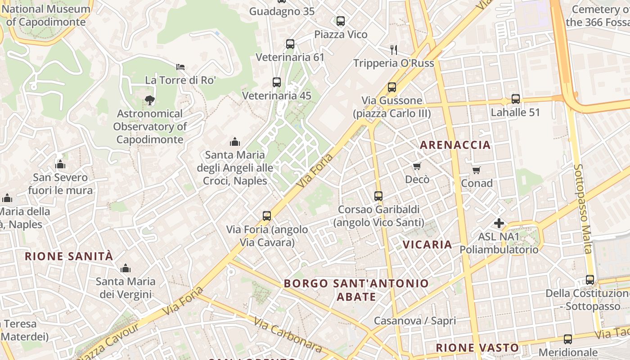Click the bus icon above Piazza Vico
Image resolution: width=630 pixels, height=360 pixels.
pyautogui.click(x=341, y=21)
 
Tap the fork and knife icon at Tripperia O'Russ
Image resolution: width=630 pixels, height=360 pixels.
pyautogui.click(x=394, y=49)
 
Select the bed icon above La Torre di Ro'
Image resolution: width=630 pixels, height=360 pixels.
pyautogui.click(x=180, y=67)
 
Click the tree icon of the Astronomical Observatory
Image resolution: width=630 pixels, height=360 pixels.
pyautogui.click(x=149, y=100)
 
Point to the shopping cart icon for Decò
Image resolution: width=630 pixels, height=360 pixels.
pyautogui.click(x=417, y=166)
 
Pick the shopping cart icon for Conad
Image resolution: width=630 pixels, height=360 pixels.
pyautogui.click(x=477, y=170)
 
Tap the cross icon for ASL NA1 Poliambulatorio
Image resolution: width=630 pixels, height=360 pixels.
pyautogui.click(x=499, y=223)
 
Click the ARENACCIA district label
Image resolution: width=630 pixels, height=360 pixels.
pyautogui.click(x=455, y=145)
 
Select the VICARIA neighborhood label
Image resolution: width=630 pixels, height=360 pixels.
pyautogui.click(x=427, y=244)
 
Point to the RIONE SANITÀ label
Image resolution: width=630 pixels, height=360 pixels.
pyautogui.click(x=69, y=256)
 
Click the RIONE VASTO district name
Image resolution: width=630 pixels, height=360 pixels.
pyautogui.click(x=477, y=348)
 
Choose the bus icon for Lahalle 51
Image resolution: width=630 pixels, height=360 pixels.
pyautogui.click(x=515, y=99)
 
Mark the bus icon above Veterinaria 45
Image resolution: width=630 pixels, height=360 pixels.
pyautogui.click(x=277, y=82)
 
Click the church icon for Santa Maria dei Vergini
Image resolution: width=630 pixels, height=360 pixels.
pyautogui.click(x=126, y=269)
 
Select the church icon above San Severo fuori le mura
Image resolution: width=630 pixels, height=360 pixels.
pyautogui.click(x=60, y=164)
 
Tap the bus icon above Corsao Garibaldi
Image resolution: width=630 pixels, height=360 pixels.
pyautogui.click(x=378, y=196)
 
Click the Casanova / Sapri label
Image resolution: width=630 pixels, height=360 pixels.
pyautogui.click(x=415, y=321)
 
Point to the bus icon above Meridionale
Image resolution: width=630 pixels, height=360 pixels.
pyautogui.click(x=568, y=339)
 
